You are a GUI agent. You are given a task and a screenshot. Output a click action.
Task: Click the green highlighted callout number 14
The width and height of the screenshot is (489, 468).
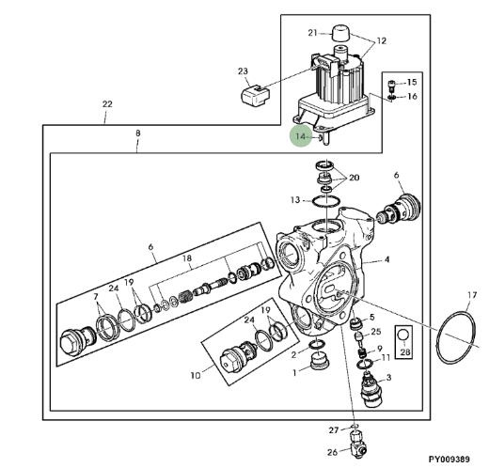point(300,137)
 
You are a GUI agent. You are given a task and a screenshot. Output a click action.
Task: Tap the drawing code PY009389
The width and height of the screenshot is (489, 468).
point(450,460)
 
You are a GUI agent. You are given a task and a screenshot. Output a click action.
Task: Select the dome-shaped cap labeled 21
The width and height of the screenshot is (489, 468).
point(340,32)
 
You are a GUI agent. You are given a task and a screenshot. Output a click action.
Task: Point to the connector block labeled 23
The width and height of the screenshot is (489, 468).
point(256,96)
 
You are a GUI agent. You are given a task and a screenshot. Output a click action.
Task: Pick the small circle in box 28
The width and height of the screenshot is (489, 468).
point(403,335)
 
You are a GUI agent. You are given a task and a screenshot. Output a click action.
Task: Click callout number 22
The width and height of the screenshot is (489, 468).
point(107,104)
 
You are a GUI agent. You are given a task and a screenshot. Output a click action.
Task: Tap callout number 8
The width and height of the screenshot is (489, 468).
point(138,133)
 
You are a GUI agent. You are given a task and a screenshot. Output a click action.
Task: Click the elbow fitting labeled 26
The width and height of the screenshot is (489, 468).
point(357,445)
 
